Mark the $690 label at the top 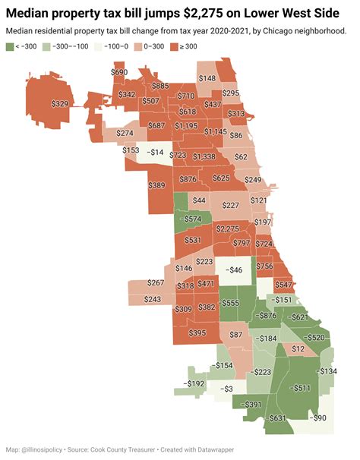click(x=119, y=73)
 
